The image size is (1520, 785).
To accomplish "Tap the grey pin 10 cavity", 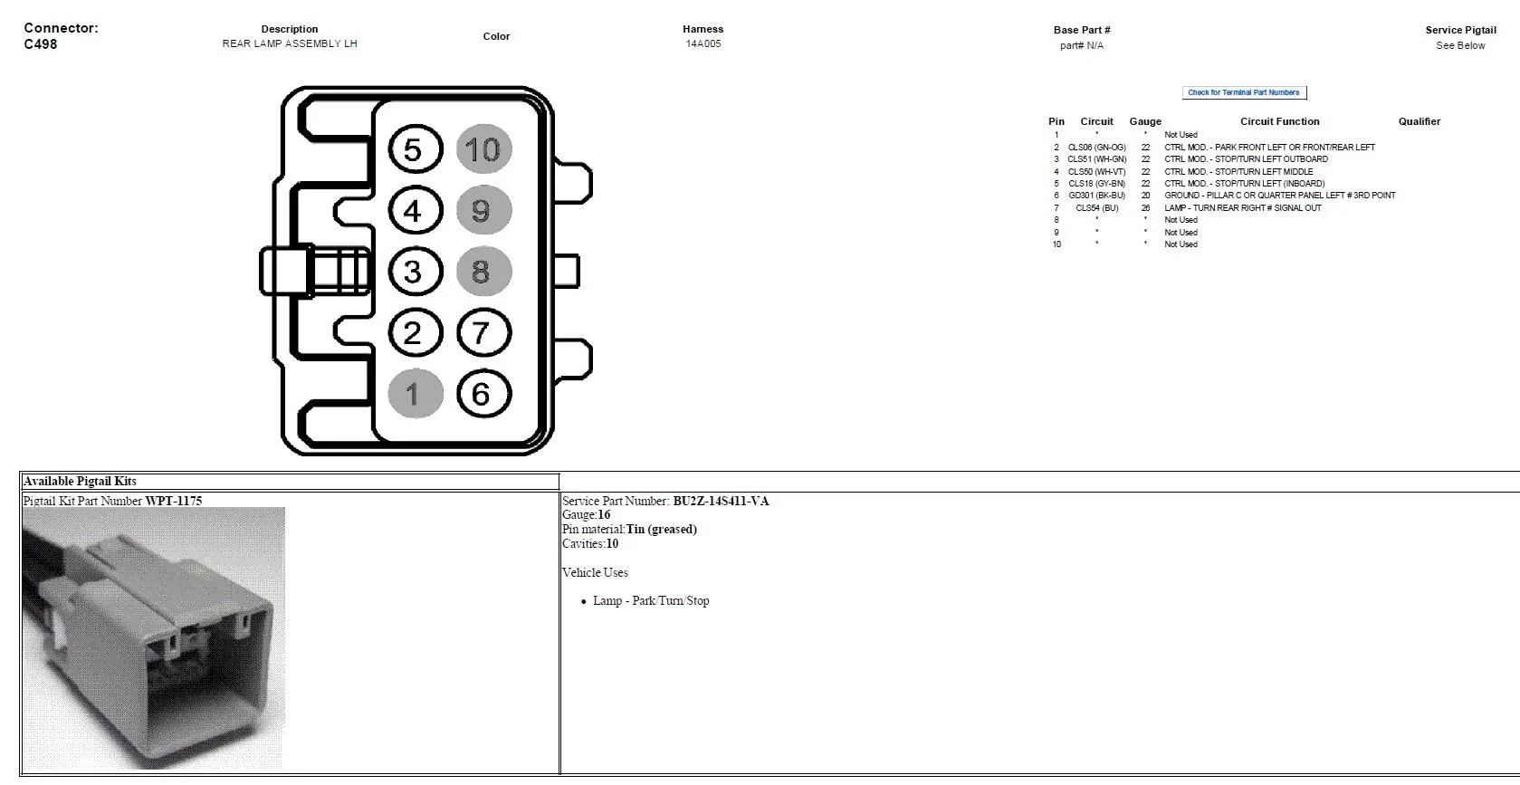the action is click(483, 149).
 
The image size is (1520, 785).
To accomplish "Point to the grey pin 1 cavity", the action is click(416, 394).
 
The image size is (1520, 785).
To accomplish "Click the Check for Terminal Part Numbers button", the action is click(1244, 92).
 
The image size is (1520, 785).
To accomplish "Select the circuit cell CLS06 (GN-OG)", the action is click(1096, 148).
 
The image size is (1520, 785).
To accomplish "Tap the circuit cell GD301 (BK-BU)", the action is click(1096, 196).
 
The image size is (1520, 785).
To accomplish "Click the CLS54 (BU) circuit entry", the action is click(1096, 207).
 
